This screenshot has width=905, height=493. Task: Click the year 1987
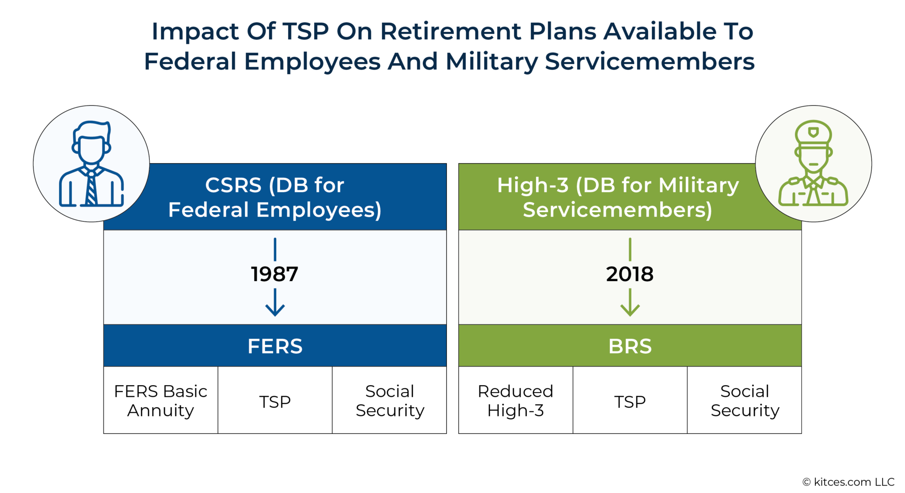coord(274,274)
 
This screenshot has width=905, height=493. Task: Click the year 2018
coord(629,274)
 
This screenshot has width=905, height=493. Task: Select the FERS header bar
coord(274,346)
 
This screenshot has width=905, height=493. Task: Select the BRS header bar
coord(629,346)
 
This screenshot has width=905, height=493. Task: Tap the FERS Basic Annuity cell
coord(160,401)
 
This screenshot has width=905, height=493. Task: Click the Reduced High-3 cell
coord(515,401)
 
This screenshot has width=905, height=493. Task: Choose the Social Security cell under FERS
coord(390,401)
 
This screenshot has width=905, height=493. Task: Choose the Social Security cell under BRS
coord(745,401)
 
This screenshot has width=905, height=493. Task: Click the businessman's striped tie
coord(91,188)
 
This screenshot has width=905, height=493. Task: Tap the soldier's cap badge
coord(813,132)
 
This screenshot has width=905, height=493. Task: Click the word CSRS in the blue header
coord(233,185)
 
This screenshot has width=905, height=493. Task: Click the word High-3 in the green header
coord(532,185)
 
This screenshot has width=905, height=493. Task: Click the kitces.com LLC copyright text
coord(848,482)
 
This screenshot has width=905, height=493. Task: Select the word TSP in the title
coord(306,31)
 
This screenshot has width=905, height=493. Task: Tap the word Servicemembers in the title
coord(650,61)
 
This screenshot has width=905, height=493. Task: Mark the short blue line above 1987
coord(275,249)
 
